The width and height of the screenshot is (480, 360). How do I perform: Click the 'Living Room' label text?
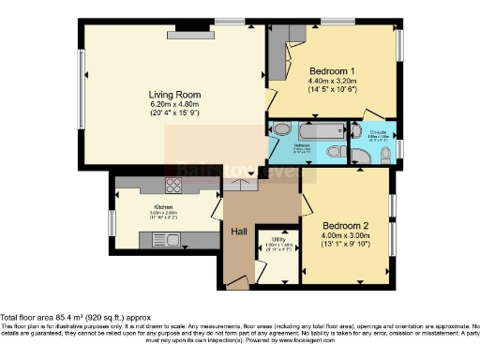coord(175,94)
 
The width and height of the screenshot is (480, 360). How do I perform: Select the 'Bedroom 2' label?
coord(346,226)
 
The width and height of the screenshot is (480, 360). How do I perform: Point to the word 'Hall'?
coord(241,231)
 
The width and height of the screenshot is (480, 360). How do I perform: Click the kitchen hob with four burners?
coord(175,185)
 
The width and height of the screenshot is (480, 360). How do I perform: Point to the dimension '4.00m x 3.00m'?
coord(346,235)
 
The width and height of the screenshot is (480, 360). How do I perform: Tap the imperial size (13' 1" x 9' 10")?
coord(346,245)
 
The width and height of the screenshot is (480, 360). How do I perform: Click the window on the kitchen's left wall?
coord(111,223)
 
